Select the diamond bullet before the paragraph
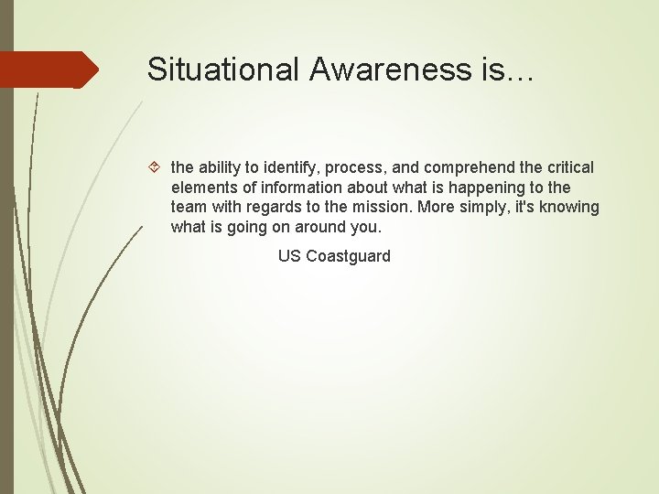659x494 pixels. pyautogui.click(x=156, y=168)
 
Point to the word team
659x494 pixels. pyautogui.click(x=189, y=208)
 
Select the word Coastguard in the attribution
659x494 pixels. pyautogui.click(x=348, y=256)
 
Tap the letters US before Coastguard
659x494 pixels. pyautogui.click(x=289, y=256)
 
